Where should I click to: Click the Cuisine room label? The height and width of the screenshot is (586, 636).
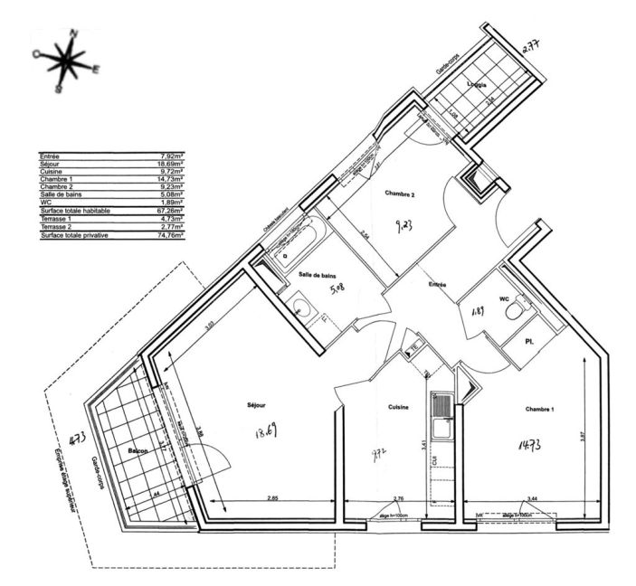click(398, 407)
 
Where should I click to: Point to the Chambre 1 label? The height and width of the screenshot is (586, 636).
click(539, 409)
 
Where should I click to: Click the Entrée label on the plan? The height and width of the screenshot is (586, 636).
click(438, 284)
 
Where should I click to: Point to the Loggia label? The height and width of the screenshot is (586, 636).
click(479, 84)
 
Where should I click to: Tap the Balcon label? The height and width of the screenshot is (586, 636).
click(137, 449)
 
